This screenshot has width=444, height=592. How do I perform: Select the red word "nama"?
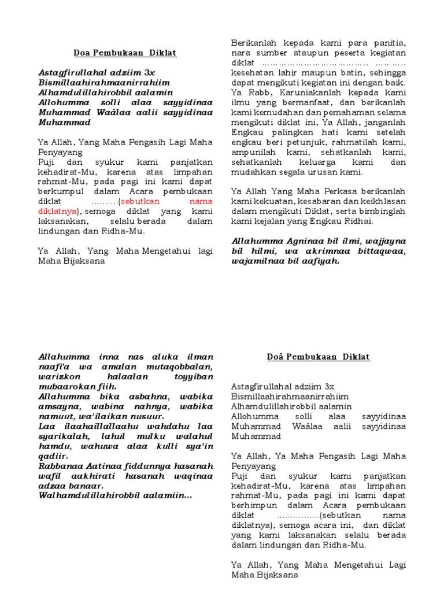pyautogui.click(x=201, y=201)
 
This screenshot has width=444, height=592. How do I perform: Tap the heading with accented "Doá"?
pyautogui.click(x=319, y=357)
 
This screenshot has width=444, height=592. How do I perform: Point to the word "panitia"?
pyautogui.click(x=391, y=43)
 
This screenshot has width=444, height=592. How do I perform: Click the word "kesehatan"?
pyautogui.click(x=252, y=73)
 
